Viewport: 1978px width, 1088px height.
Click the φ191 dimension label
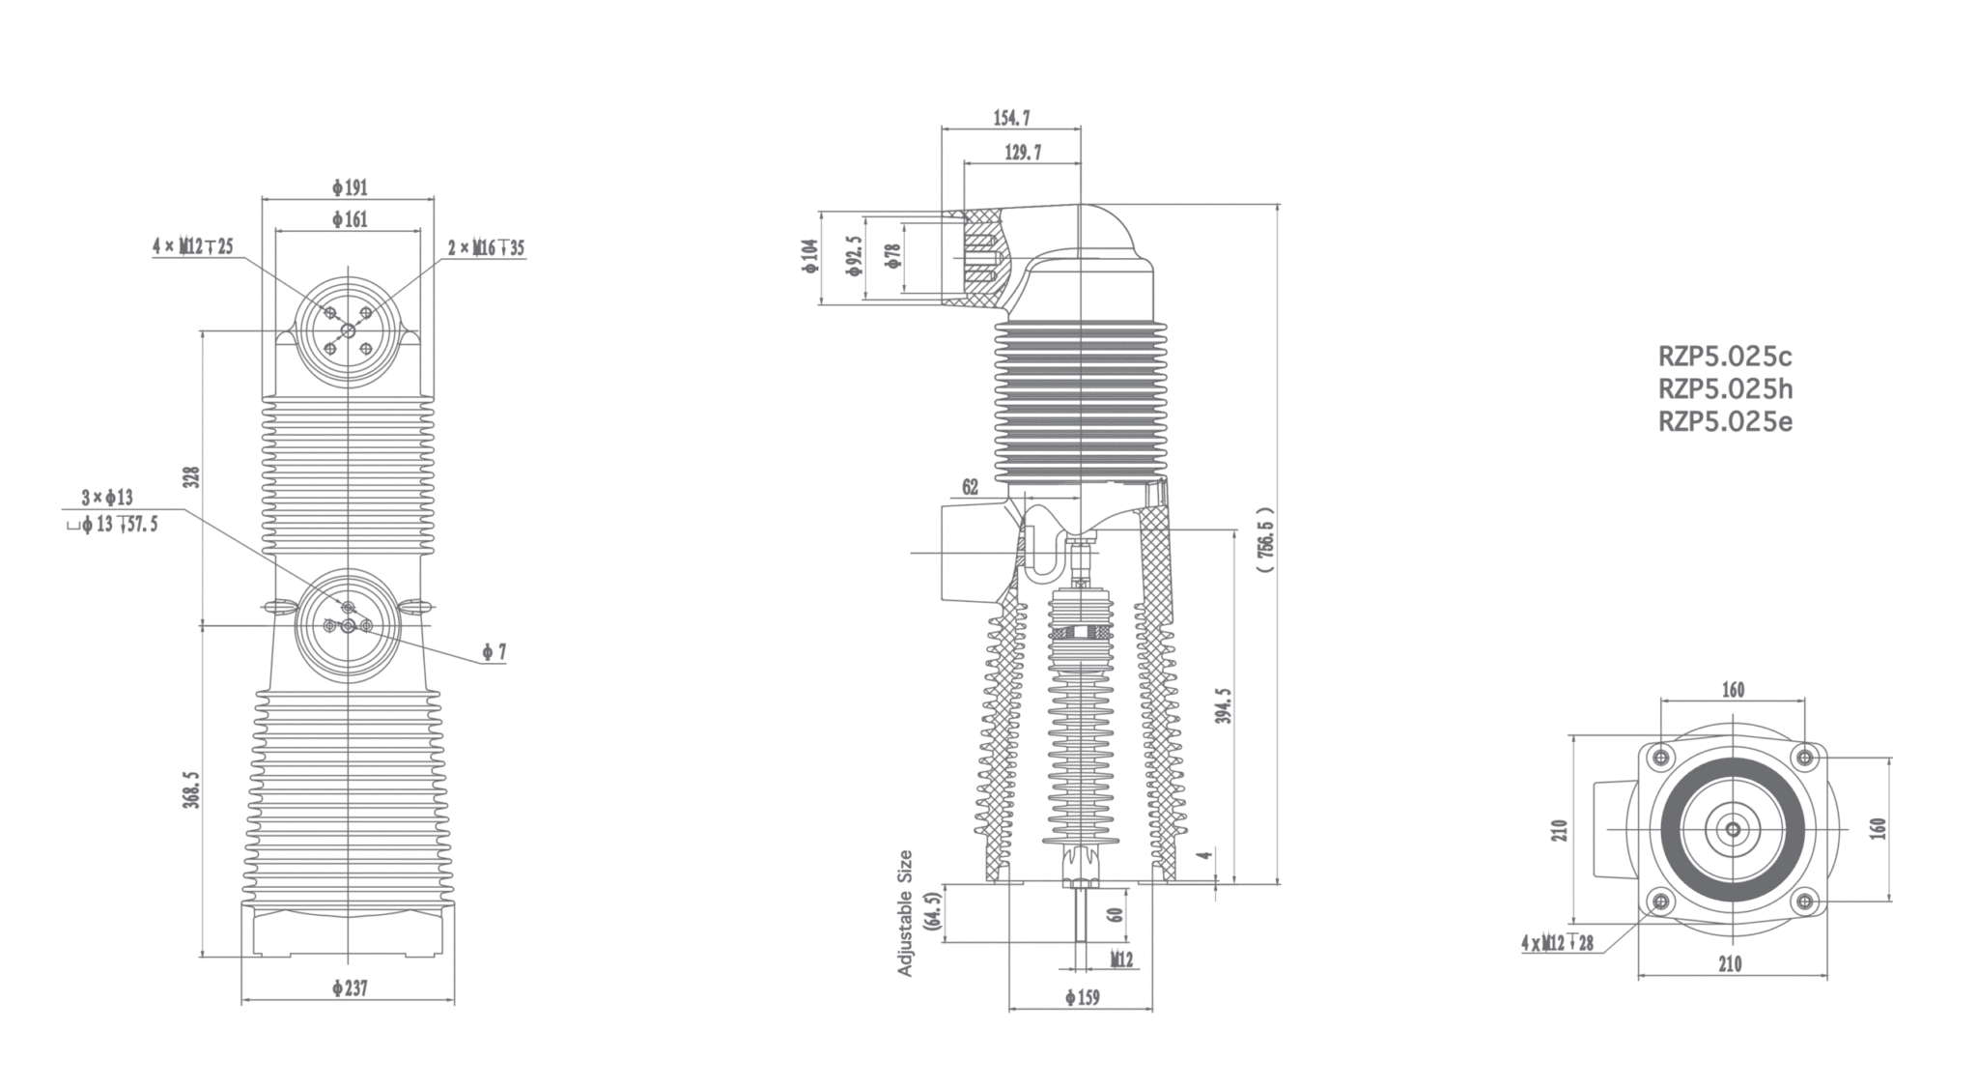click(350, 187)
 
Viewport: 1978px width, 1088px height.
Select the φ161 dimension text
click(350, 219)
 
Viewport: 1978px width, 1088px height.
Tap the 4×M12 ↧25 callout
click(192, 246)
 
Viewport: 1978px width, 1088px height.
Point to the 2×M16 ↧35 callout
click(486, 247)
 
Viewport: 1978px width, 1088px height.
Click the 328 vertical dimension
click(192, 477)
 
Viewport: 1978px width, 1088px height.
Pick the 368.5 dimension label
click(192, 788)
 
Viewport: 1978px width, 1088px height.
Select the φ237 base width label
click(349, 988)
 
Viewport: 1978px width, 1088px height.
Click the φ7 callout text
click(494, 653)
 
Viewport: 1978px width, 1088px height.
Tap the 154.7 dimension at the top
click(1011, 118)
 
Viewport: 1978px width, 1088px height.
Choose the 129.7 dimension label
click(1023, 153)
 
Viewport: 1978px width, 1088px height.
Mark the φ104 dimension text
click(809, 257)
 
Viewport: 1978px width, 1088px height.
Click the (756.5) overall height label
click(1267, 541)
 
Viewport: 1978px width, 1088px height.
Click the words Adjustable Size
click(905, 912)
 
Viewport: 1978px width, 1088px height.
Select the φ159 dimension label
click(1082, 997)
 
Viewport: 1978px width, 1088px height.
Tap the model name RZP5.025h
click(1725, 389)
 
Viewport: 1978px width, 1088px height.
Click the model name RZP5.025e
click(1725, 422)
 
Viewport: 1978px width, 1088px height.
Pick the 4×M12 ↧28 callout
click(1557, 942)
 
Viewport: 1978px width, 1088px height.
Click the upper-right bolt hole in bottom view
click(1803, 757)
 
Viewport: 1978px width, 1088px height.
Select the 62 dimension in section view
click(970, 487)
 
